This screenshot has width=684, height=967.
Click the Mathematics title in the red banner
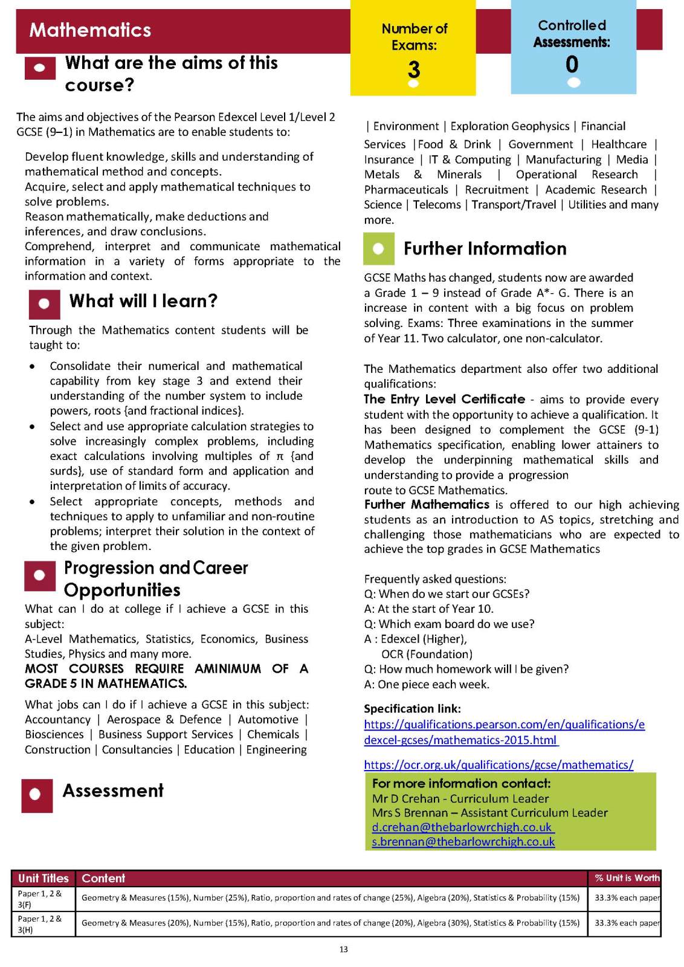pyautogui.click(x=90, y=30)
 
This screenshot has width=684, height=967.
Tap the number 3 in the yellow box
pyautogui.click(x=413, y=70)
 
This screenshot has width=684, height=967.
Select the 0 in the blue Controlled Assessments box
pyautogui.click(x=572, y=64)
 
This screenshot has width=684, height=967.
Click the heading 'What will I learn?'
pyautogui.click(x=143, y=301)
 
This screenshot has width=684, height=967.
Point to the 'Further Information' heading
pyautogui.click(x=485, y=248)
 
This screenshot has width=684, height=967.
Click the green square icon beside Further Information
pyautogui.click(x=379, y=249)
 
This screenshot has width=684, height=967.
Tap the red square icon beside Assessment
pyautogui.click(x=37, y=794)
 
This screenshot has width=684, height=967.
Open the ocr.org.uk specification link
pyautogui.click(x=498, y=765)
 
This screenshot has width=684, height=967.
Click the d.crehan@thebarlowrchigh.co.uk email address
pyautogui.click(x=462, y=827)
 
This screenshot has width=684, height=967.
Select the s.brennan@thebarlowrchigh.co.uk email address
pyautogui.click(x=463, y=841)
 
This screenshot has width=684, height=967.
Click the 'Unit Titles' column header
pyautogui.click(x=44, y=878)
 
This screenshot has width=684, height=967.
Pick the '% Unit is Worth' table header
pyautogui.click(x=627, y=878)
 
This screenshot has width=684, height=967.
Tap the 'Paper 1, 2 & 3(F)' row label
pyautogui.click(x=39, y=899)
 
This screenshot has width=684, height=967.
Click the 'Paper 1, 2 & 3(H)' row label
pyautogui.click(x=39, y=924)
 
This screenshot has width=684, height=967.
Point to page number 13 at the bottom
pyautogui.click(x=343, y=949)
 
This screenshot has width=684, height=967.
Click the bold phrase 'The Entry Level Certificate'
pyautogui.click(x=444, y=399)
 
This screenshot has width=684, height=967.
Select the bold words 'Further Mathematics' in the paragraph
pyautogui.click(x=427, y=505)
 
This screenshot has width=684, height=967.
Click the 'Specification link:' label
pyautogui.click(x=412, y=708)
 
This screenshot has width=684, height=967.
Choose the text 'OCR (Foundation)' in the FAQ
pyautogui.click(x=427, y=654)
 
